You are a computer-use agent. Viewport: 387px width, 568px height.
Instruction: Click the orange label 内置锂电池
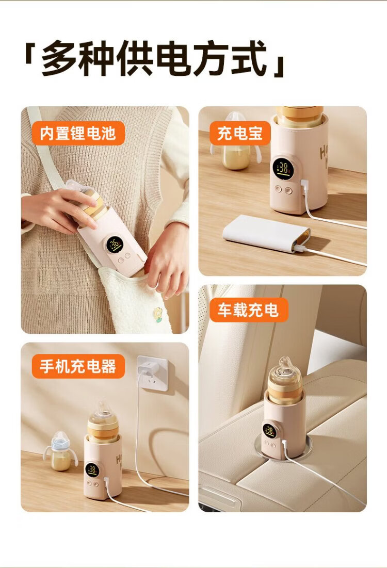pos(78,133)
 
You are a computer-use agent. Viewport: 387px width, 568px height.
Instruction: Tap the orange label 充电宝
pos(240,133)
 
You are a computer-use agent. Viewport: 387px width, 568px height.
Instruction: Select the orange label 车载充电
pos(249,310)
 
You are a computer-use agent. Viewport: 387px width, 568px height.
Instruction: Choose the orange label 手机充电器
pos(78,366)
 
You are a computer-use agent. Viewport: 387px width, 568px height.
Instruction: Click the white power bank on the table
pos(266,233)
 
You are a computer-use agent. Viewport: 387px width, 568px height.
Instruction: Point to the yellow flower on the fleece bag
pos(157,314)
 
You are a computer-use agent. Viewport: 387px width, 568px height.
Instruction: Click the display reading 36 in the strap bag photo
pos(115,246)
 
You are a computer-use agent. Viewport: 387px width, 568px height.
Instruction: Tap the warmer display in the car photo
pos(269,431)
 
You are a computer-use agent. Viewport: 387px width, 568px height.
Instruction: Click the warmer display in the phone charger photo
pos(92,470)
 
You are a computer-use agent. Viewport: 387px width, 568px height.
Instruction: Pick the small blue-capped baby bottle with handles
pos(60,451)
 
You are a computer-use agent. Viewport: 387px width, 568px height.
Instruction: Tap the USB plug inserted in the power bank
pos(300,249)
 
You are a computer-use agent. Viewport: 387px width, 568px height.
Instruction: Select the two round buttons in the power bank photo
pos(283,189)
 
